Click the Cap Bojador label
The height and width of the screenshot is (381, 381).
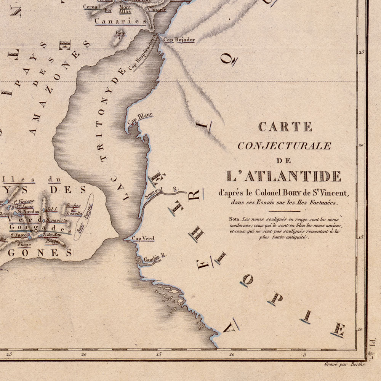(x=179, y=40)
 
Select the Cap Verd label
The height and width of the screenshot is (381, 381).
(x=143, y=239)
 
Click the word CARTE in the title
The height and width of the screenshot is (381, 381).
(x=285, y=127)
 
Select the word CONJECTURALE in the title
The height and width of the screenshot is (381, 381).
(x=284, y=146)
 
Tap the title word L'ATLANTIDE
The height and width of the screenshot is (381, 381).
(x=284, y=176)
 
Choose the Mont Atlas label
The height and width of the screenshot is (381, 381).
(x=125, y=9)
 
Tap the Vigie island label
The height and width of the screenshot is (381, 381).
(x=119, y=34)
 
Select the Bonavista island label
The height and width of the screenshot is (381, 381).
(x=57, y=220)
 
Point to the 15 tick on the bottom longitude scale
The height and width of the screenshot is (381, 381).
(x=159, y=354)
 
